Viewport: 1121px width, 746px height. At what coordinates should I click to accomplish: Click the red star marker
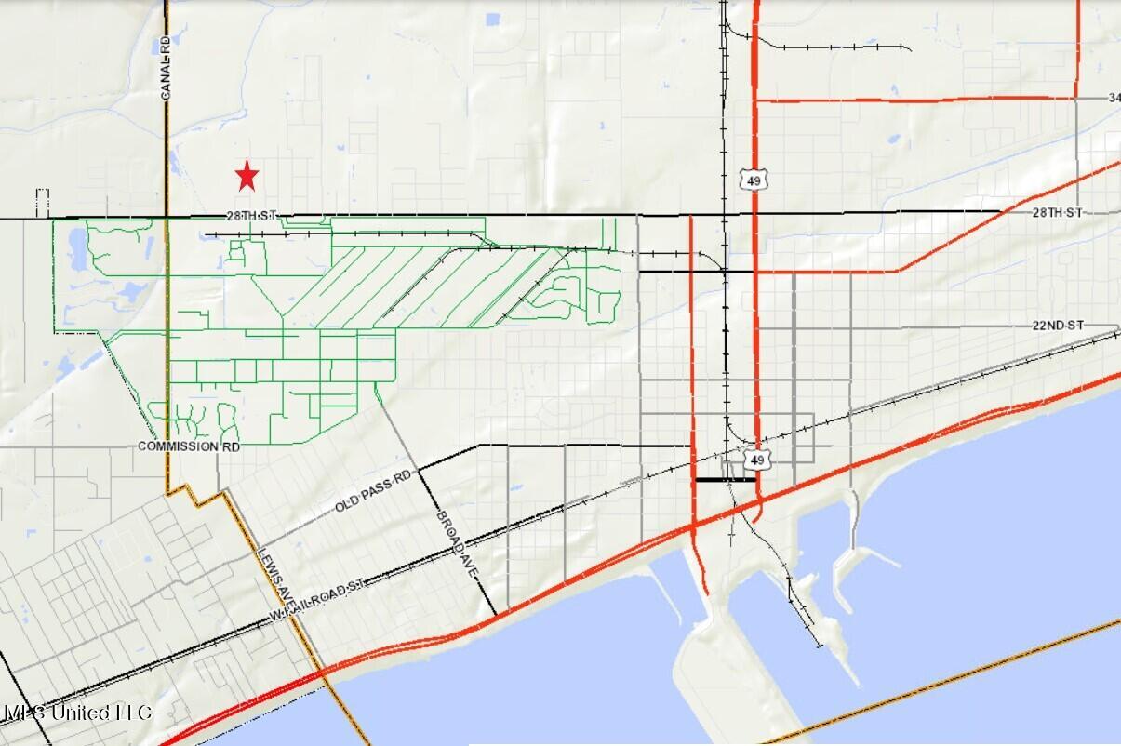click(247, 175)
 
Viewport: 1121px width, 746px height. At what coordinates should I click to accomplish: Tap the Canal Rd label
click(166, 69)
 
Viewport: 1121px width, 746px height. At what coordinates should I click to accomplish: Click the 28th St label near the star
click(251, 216)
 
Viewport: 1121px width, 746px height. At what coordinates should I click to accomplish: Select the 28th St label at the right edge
click(1058, 213)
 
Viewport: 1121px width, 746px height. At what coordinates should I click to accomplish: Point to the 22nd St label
click(1058, 325)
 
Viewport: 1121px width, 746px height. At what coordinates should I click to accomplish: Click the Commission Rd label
click(189, 446)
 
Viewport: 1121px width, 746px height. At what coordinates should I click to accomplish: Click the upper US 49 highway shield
click(750, 180)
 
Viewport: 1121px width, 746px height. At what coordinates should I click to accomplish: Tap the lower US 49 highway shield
click(758, 460)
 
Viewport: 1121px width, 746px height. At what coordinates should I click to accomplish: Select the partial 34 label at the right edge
click(1114, 98)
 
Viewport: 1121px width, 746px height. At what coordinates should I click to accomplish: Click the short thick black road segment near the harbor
click(725, 480)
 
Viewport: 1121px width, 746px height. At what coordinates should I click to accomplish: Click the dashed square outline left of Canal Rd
click(42, 203)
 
